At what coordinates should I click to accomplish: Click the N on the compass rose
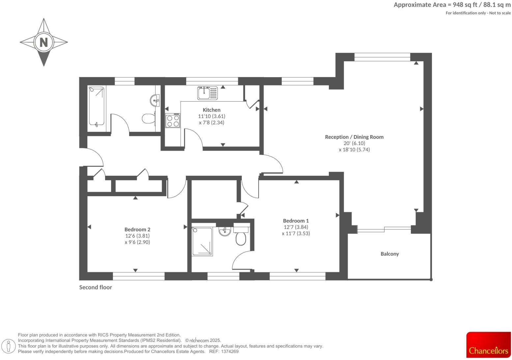pyautogui.click(x=44, y=42)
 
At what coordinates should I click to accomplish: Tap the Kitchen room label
pyautogui.click(x=212, y=110)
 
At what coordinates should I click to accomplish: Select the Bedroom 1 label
pyautogui.click(x=296, y=221)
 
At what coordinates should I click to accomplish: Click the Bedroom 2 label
pyautogui.click(x=137, y=230)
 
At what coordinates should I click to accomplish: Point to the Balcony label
pyautogui.click(x=389, y=254)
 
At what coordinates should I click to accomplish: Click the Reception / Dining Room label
pyautogui.click(x=354, y=137)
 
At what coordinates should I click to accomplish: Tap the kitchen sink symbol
pyautogui.click(x=208, y=93)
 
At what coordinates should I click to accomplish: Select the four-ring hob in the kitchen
pyautogui.click(x=173, y=120)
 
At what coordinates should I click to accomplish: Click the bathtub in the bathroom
pyautogui.click(x=97, y=106)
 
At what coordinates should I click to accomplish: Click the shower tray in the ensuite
pyautogui.click(x=202, y=242)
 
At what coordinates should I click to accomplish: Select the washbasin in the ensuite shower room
pyautogui.click(x=225, y=231)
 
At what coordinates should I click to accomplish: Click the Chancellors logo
pyautogui.click(x=488, y=345)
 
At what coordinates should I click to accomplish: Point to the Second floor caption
pyautogui.click(x=96, y=287)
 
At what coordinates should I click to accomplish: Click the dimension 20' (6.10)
pyautogui.click(x=354, y=143)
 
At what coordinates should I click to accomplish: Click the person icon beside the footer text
pyautogui.click(x=9, y=346)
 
